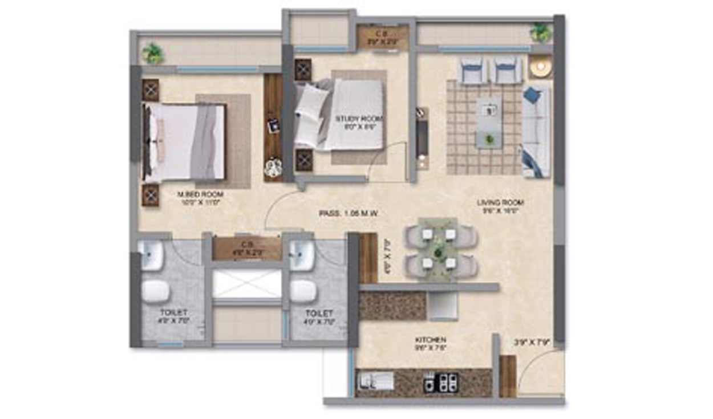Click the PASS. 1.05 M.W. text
(x=349, y=213)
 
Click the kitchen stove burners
(x=441, y=381)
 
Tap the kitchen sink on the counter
(x=375, y=381)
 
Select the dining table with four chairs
(x=438, y=249)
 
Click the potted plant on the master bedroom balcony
(x=152, y=54)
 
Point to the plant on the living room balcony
(x=540, y=32)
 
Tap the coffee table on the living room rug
(x=489, y=121)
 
